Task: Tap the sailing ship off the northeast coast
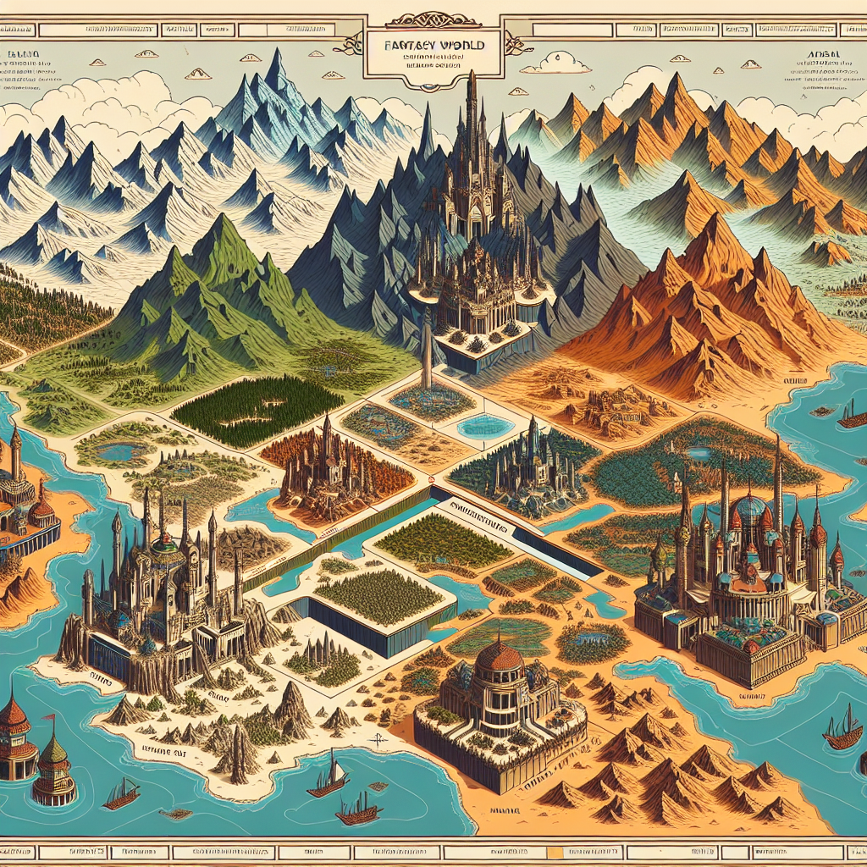click(850, 415)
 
